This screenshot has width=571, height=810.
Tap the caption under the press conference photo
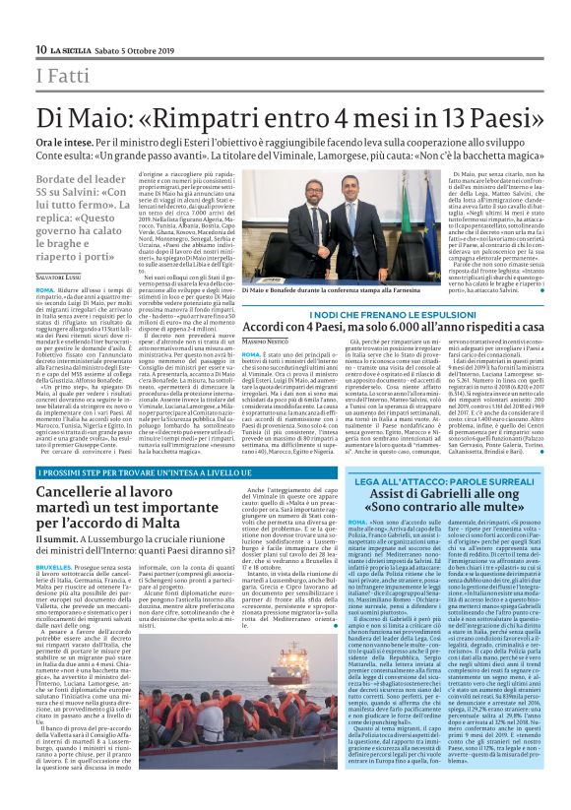click(295, 292)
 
